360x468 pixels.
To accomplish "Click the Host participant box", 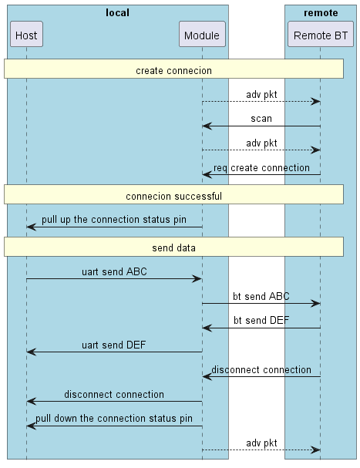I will tap(26, 35).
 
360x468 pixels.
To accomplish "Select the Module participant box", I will tap(202, 35).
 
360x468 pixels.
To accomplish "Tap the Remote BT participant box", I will tap(320, 35).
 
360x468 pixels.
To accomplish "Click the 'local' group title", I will tap(117, 12).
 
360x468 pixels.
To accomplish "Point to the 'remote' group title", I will tap(320, 12).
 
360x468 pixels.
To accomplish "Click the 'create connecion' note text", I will tap(173, 71).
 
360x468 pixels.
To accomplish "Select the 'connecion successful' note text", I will tap(173, 197).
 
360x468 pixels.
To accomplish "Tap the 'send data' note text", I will tap(173, 248).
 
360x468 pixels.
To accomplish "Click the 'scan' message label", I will tap(261, 119).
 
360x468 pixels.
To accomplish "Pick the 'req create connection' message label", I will tap(261, 167).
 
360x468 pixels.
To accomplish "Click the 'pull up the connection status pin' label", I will tap(114, 220).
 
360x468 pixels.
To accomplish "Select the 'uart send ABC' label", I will tap(114, 271).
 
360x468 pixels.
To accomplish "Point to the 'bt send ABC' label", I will tap(261, 296).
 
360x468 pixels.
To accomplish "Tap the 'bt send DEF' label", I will tap(261, 321).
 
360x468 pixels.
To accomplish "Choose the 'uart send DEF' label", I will tap(114, 345).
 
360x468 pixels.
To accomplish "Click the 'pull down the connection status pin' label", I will tap(114, 419).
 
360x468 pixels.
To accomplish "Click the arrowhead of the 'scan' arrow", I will tap(206, 126).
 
